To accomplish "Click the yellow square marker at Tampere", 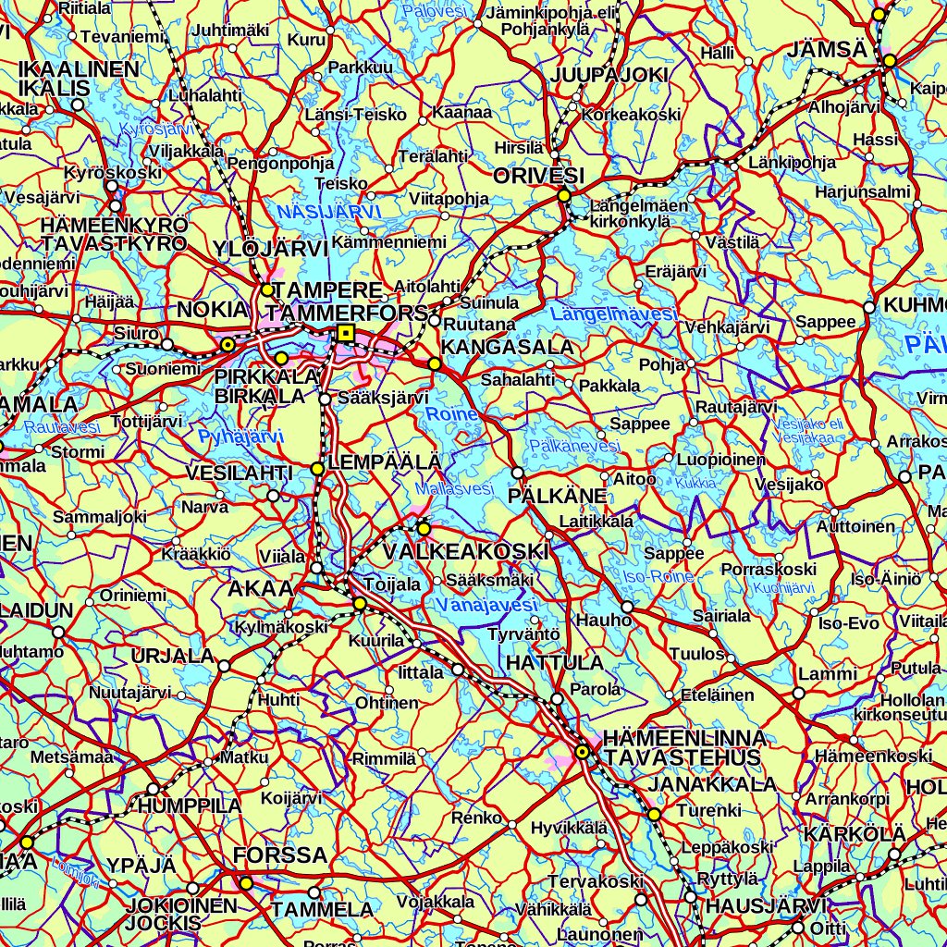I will click(346, 333).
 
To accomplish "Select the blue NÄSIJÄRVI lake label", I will click(329, 213).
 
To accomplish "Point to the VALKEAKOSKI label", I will click(465, 552).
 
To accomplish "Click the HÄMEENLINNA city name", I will click(683, 738).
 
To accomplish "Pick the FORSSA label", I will click(281, 855).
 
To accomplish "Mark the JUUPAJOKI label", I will click(609, 75).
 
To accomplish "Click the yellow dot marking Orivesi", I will click(563, 195).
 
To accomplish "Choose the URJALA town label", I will click(172, 657).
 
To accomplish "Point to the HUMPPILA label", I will click(190, 806).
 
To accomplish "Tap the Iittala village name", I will click(421, 672).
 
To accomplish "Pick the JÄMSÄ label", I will click(827, 50).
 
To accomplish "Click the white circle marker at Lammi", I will click(799, 693).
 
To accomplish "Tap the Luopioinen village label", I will click(721, 459).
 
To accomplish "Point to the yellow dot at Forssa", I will click(246, 883).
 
